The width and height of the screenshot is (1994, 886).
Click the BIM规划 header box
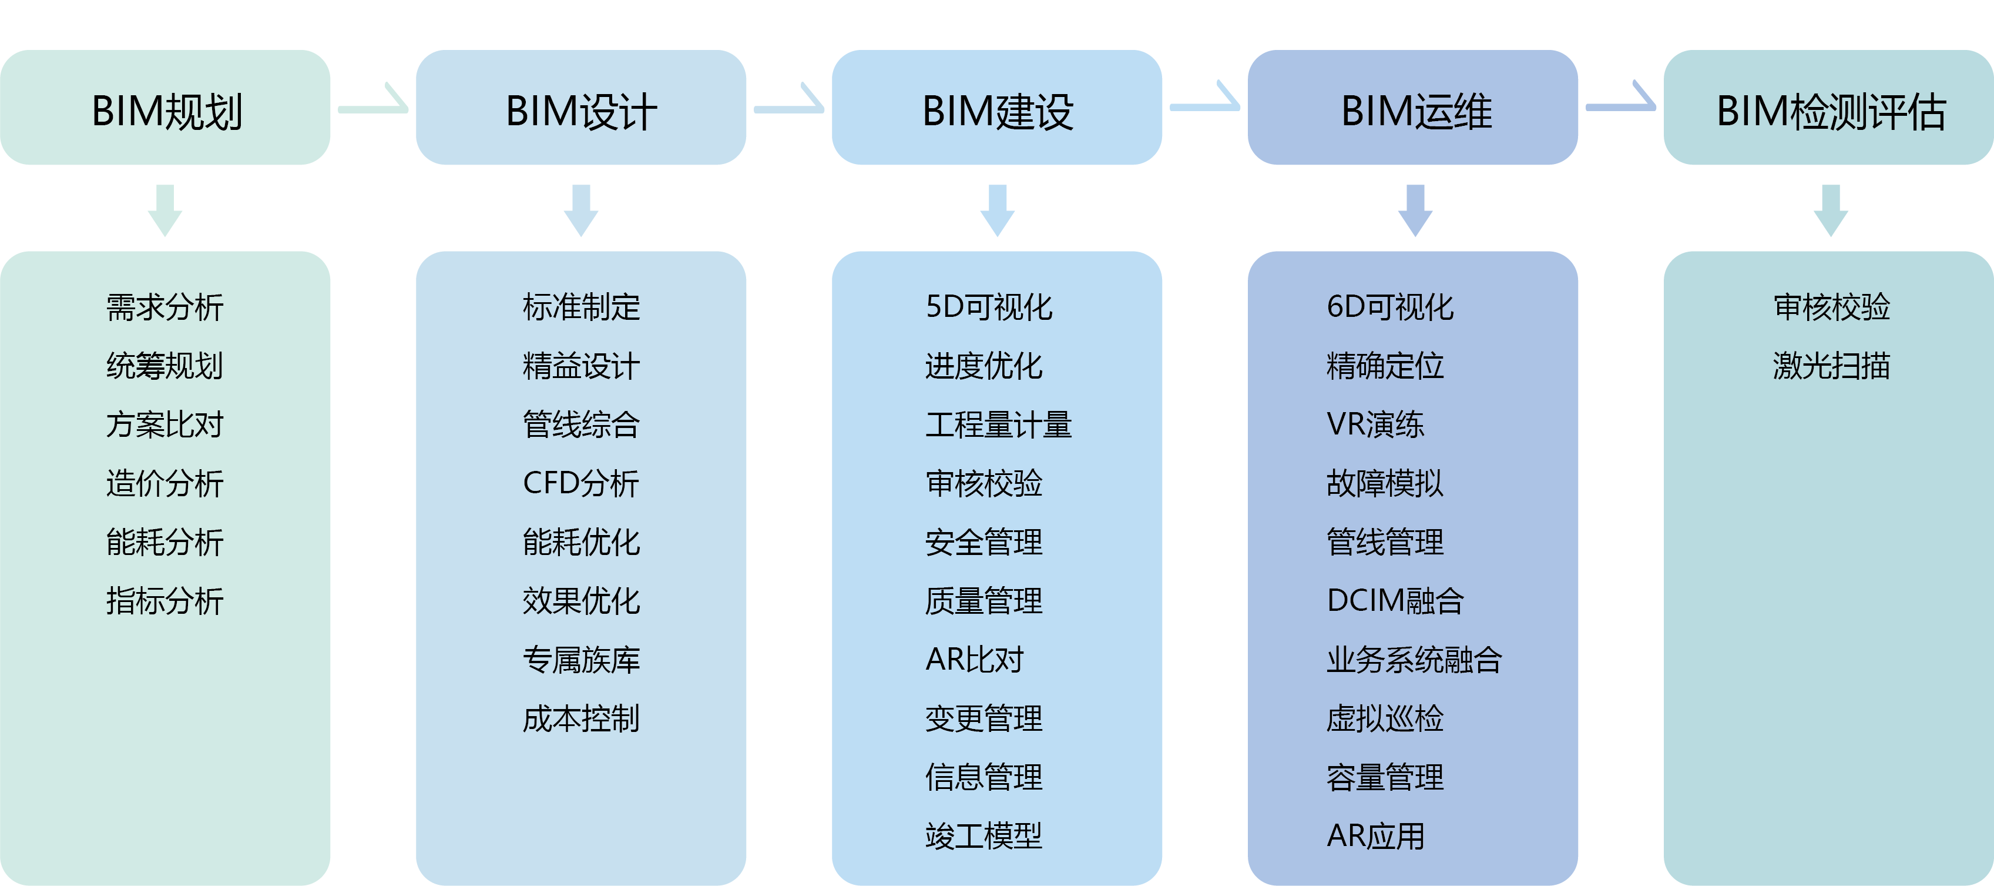[x=166, y=108]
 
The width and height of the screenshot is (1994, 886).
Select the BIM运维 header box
[x=1414, y=108]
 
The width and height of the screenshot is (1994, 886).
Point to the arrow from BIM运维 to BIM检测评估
[x=1621, y=103]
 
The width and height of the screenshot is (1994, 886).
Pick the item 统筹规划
[x=165, y=366]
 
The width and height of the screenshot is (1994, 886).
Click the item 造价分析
[x=165, y=483]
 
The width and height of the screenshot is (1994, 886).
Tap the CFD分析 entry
[x=581, y=483]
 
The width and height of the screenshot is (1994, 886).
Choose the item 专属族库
[x=581, y=660]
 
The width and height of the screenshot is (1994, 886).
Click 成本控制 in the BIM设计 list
[x=581, y=718]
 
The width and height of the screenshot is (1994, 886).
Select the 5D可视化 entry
[x=989, y=307]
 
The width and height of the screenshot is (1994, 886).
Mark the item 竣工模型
[x=984, y=835]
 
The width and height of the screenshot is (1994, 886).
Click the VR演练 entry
[x=1375, y=424]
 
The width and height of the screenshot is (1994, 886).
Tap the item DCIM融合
[x=1395, y=601]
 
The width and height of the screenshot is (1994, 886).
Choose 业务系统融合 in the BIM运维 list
[x=1414, y=660]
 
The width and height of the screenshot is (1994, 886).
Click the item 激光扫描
[x=1831, y=366]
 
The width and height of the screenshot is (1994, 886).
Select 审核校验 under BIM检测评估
[x=1831, y=307]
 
